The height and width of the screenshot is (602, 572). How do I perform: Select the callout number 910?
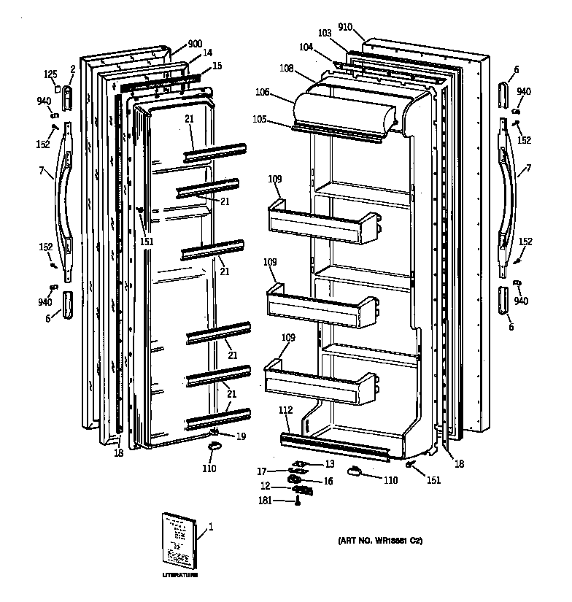point(345,28)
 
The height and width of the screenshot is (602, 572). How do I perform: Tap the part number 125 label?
point(50,74)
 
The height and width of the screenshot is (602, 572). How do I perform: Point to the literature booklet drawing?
point(178,541)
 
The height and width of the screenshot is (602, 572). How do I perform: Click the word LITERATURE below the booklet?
point(179,576)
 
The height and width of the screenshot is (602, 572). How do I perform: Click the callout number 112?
point(287,410)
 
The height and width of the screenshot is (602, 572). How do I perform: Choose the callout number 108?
point(286,69)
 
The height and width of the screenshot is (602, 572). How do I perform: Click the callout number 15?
point(217,66)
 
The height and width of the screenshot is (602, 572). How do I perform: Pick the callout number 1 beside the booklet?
point(212,525)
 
